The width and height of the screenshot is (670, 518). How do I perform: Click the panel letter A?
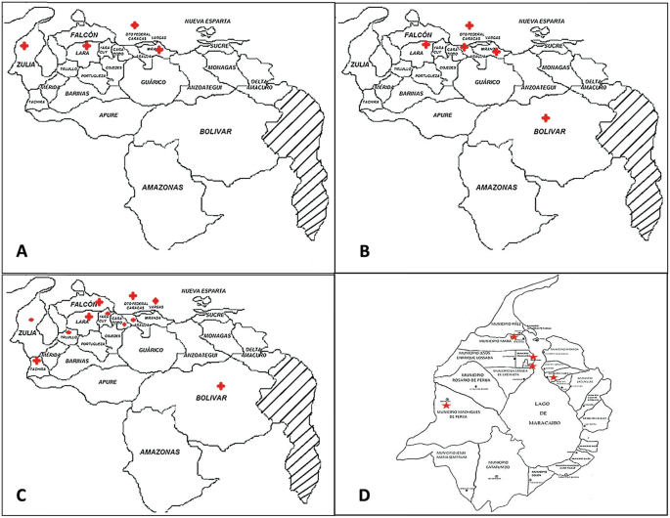22,251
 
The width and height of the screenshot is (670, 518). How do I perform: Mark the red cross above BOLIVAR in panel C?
222,385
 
